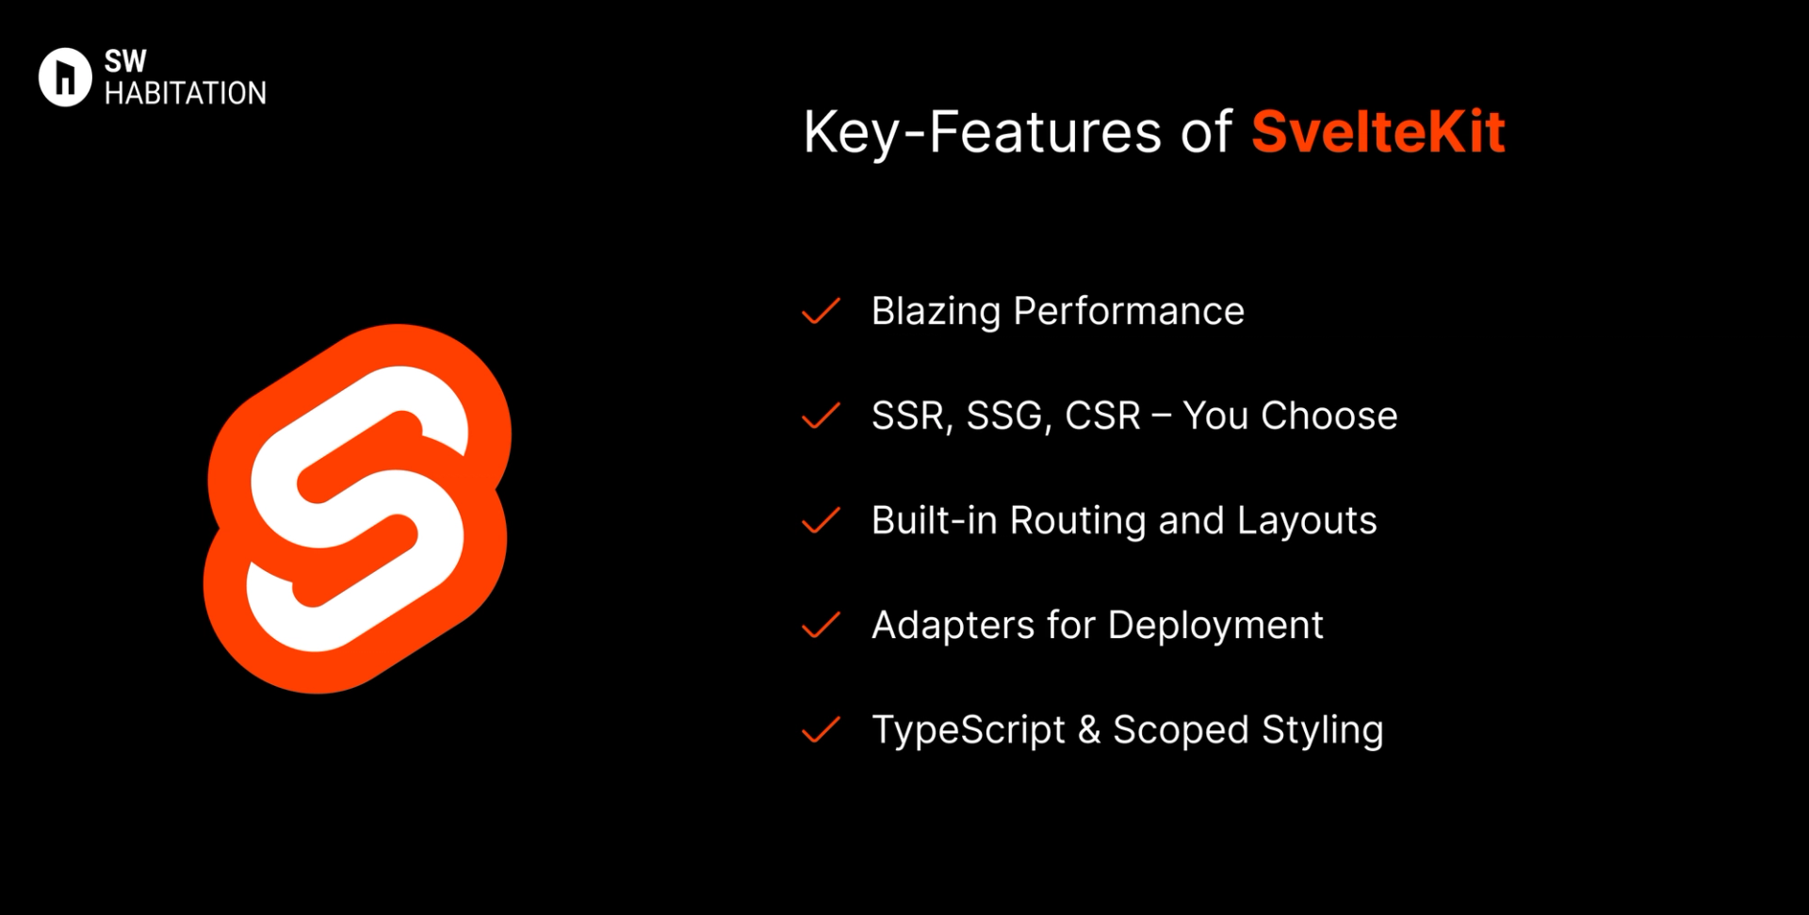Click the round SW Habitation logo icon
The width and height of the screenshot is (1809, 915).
(65, 77)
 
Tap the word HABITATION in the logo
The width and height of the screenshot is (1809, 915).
(186, 93)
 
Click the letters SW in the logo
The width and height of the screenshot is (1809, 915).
(125, 61)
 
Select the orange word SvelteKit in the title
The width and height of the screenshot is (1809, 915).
(1377, 132)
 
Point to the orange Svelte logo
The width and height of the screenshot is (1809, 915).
(358, 509)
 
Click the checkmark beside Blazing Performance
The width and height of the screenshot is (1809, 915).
(821, 311)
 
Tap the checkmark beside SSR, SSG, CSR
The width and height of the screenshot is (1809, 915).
(821, 416)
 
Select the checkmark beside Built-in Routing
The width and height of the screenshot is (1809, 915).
(821, 520)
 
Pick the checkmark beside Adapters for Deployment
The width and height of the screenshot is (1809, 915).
(821, 625)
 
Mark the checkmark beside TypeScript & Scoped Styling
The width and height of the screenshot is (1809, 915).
(821, 729)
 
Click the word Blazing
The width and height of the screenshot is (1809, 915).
(936, 312)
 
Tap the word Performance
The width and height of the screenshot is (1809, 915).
(1129, 312)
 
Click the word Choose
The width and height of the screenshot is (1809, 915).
(1328, 417)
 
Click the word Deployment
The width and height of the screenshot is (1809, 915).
(1215, 626)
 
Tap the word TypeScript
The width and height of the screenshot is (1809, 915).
(968, 730)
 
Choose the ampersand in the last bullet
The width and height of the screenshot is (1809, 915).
(1089, 730)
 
